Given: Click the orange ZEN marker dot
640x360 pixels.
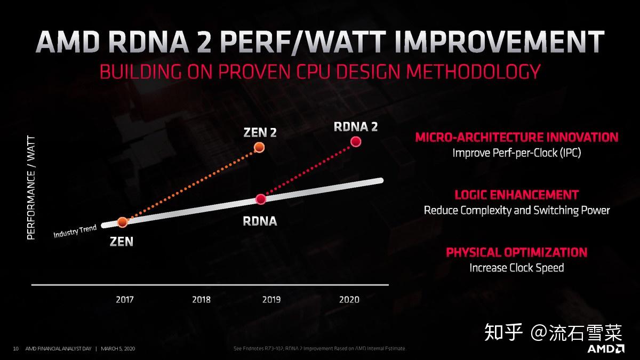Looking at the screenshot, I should point(122,221).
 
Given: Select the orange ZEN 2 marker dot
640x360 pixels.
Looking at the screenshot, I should point(259,147).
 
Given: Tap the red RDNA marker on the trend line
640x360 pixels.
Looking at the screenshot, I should point(261,199).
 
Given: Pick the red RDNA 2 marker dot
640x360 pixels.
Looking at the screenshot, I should point(356,141).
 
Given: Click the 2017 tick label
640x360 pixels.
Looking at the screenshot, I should point(125,299).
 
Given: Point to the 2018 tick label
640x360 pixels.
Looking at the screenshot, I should point(201,299).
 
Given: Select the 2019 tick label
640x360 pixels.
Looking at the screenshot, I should point(271,299).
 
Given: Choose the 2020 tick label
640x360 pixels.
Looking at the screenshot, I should point(349,299).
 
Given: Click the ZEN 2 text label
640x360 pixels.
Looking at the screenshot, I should point(260,132).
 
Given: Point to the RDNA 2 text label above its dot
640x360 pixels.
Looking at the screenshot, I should point(356,126).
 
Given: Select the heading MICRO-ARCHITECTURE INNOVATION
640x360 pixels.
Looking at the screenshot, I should point(516,137).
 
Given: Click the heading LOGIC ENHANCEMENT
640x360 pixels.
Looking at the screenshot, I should point(516,195).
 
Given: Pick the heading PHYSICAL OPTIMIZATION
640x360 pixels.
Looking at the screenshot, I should point(516,252).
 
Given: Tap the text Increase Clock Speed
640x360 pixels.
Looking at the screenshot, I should point(516,267).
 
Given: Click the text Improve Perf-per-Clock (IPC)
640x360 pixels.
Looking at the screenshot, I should point(516,153).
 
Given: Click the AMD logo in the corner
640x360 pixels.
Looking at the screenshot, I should point(606,349).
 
